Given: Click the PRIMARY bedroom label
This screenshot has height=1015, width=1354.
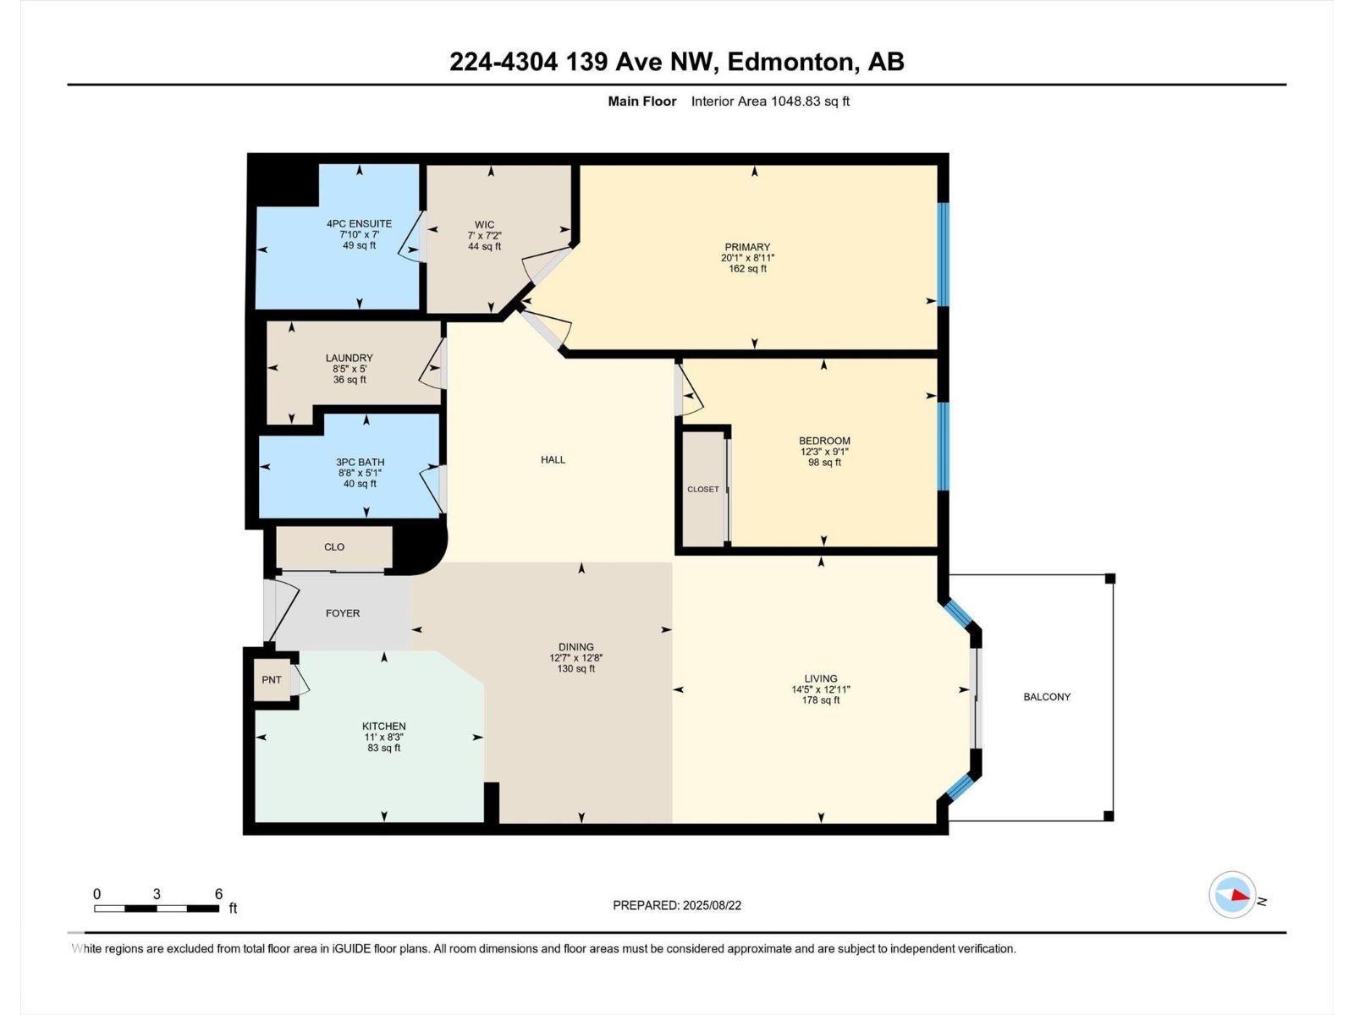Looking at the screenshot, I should pos(747,247).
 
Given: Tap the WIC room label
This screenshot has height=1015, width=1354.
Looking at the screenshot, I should pos(484,225).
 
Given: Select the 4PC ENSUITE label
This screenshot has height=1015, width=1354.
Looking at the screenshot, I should pos(359,224).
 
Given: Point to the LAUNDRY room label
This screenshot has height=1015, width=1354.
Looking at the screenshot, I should pos(349,358).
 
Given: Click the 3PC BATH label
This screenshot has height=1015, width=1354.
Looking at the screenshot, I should pos(360,462).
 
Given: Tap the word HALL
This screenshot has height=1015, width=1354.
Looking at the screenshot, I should pos(553,459).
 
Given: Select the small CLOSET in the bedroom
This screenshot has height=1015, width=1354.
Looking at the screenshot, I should pos(703,489).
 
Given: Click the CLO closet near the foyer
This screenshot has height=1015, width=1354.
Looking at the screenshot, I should pos(334,547).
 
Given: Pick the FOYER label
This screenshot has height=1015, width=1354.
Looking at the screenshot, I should pos(343,613).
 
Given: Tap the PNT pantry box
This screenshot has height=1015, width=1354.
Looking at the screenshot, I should pos(272,679).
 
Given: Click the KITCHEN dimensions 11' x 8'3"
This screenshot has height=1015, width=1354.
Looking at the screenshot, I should pos(383,737).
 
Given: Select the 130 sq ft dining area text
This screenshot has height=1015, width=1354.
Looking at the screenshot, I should pos(575,668).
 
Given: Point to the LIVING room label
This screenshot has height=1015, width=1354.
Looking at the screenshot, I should pos(820,678).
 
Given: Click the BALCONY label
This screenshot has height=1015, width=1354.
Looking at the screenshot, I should pos(1047,697).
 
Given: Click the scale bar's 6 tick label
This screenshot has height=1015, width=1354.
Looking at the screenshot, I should pos(218,894).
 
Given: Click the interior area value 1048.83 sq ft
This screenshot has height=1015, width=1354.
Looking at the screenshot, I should pos(809,101).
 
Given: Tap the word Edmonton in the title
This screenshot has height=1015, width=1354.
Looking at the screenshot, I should pos(790,62).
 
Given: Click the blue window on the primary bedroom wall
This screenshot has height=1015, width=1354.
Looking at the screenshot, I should pos(944,254).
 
